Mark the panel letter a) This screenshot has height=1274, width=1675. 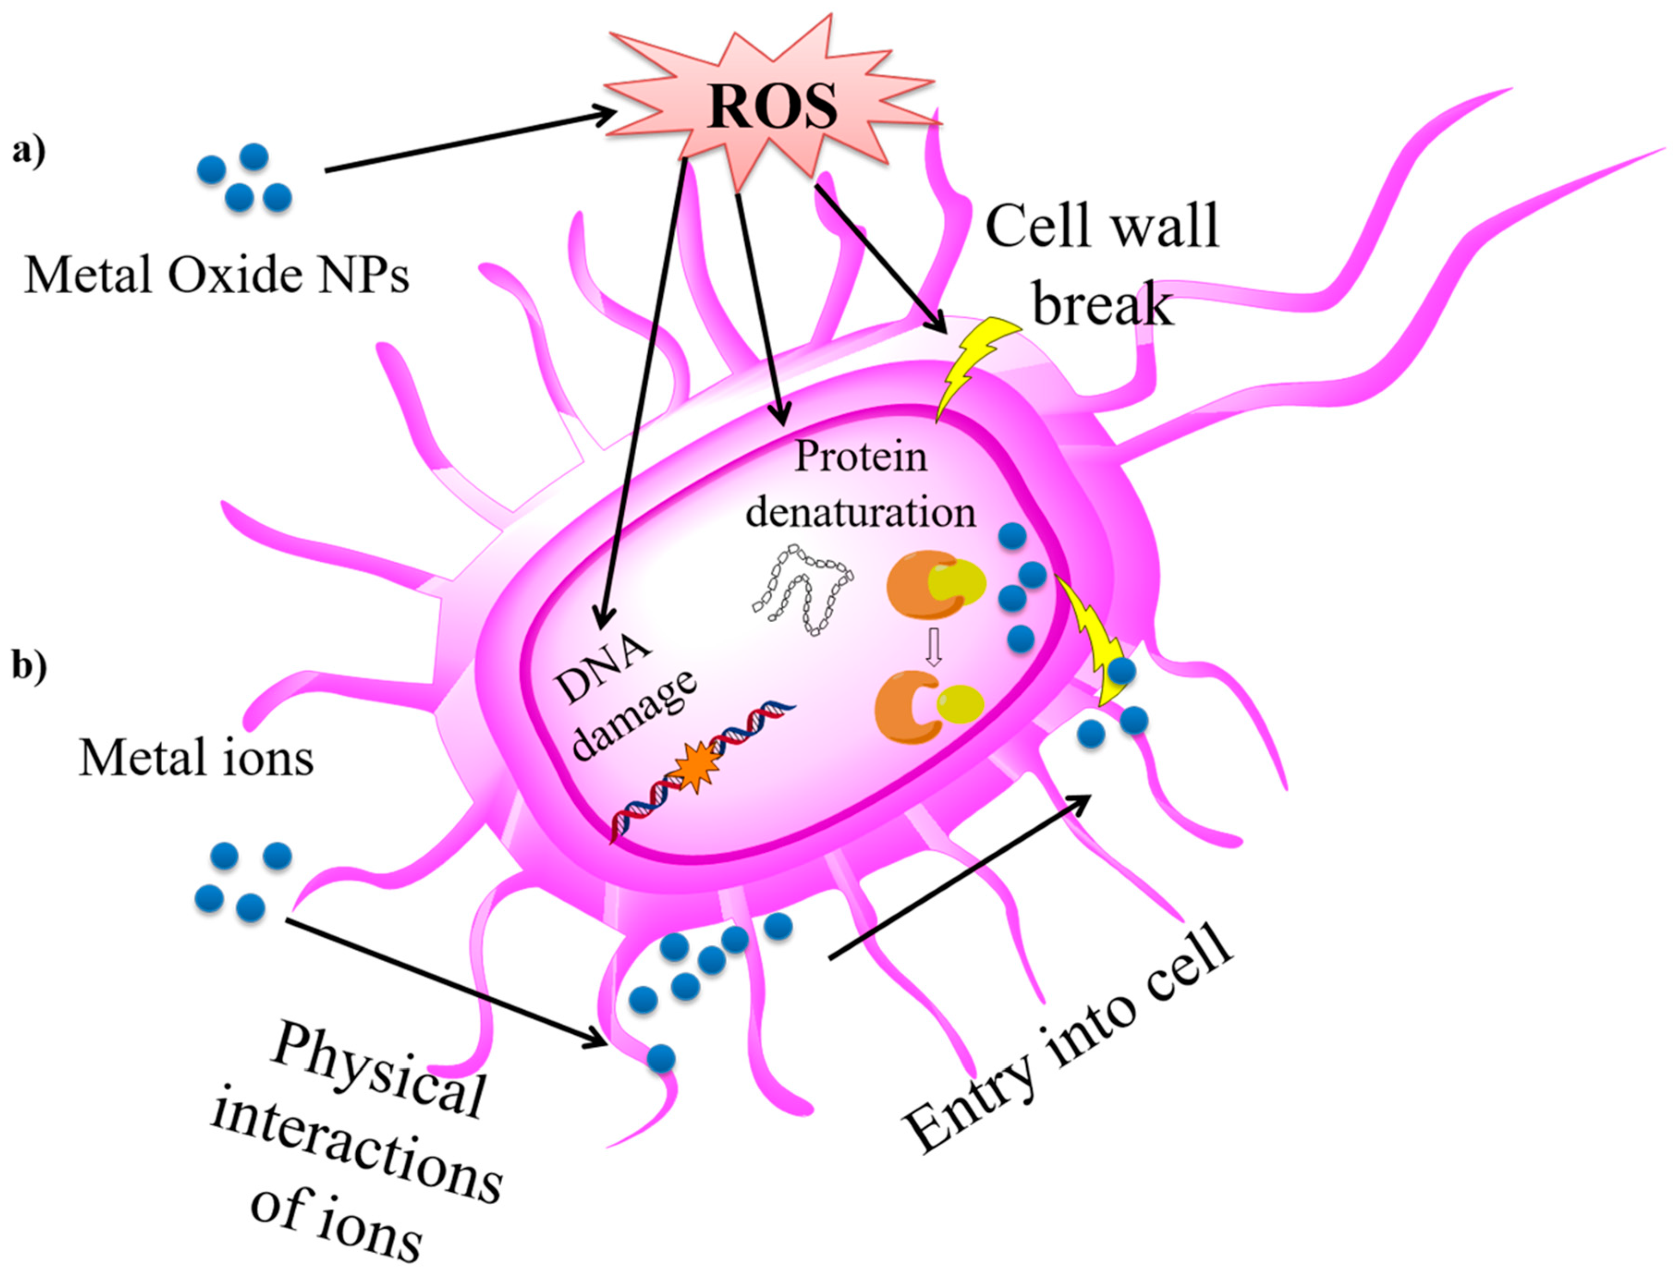coord(29,151)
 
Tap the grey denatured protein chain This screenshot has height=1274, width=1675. coord(804,588)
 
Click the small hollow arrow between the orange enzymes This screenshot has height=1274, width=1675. coord(933,649)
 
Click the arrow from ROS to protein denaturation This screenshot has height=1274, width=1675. coord(759,303)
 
